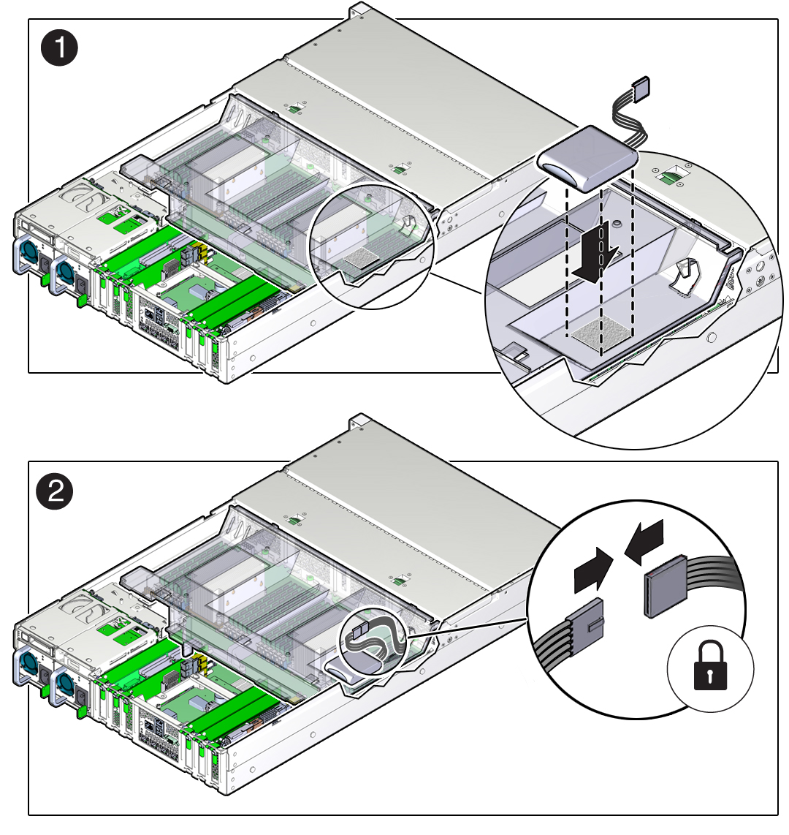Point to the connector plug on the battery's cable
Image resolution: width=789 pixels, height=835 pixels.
641,87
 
